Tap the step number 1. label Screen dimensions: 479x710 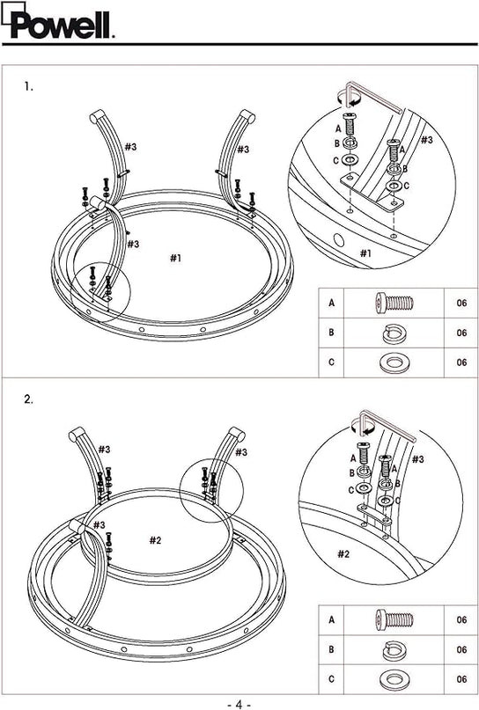click(29, 86)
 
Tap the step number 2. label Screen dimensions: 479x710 click(29, 399)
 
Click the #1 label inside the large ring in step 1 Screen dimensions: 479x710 click(176, 258)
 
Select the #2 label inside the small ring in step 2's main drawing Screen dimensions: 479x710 click(156, 540)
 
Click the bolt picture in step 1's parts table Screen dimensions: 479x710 click(394, 303)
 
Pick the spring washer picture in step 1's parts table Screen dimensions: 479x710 click(394, 333)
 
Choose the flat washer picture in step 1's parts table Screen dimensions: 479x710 click(394, 363)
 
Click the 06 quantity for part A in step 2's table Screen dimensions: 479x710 click(461, 620)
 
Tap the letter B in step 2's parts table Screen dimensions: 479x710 click(331, 650)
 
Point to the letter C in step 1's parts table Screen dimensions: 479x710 click(331, 362)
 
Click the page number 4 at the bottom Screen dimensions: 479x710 click(239, 704)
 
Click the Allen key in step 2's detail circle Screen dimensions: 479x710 click(386, 424)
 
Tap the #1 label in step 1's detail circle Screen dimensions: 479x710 click(365, 253)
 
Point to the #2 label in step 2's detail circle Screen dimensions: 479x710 click(343, 553)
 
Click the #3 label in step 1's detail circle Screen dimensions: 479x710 click(426, 140)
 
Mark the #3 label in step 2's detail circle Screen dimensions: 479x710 click(418, 459)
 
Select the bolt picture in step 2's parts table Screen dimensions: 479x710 click(394, 619)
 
